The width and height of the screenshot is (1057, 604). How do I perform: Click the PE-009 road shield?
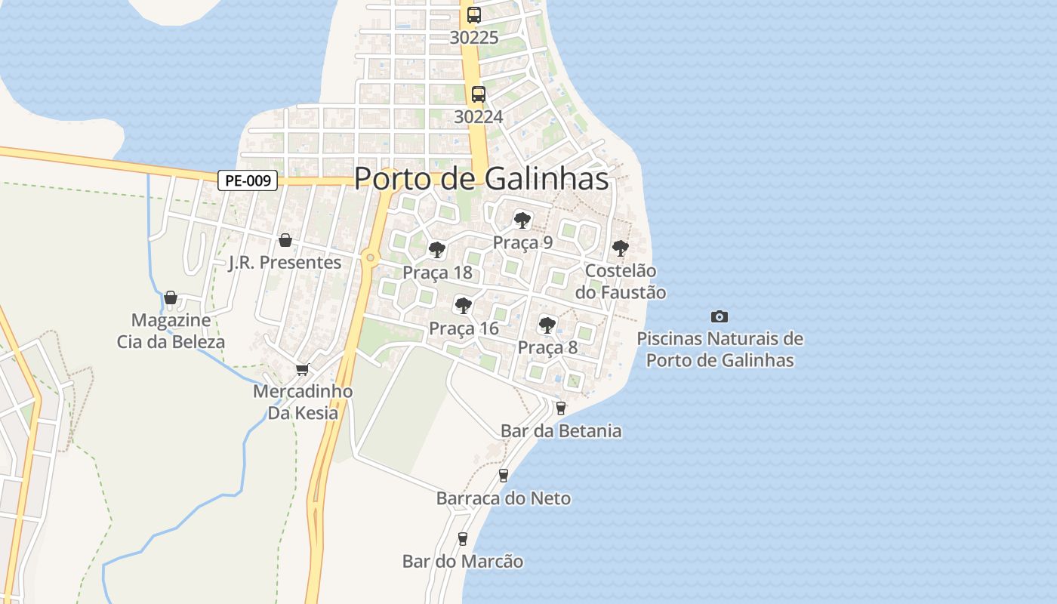click(x=248, y=180)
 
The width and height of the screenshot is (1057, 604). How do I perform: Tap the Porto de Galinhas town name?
click(x=481, y=179)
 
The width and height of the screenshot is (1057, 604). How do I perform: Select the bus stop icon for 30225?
click(x=473, y=15)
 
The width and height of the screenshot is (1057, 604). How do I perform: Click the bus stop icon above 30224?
click(x=478, y=94)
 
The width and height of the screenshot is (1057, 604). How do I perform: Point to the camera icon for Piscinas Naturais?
click(x=720, y=316)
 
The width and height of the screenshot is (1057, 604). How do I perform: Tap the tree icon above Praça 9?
click(x=522, y=220)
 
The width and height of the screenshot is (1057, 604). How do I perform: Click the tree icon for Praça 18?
click(x=436, y=249)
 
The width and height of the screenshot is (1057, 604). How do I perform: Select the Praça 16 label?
click(x=464, y=328)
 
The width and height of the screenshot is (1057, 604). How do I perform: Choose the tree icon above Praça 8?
click(x=547, y=325)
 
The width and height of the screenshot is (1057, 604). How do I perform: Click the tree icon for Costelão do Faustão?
click(x=620, y=248)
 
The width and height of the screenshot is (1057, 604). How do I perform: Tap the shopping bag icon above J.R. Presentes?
click(x=285, y=240)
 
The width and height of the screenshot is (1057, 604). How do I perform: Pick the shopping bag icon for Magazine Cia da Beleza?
click(x=171, y=297)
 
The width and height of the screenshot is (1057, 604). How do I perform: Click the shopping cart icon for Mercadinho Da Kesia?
click(x=303, y=369)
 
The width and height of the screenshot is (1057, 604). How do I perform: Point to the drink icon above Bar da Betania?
click(x=560, y=408)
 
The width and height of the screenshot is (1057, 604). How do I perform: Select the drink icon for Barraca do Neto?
click(x=504, y=476)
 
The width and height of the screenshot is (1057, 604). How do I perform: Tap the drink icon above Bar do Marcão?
click(x=463, y=539)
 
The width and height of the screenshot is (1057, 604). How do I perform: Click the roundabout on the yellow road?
click(x=369, y=257)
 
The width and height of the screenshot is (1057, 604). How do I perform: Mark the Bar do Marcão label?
click(x=462, y=562)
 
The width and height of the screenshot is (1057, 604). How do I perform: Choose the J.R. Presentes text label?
click(x=285, y=263)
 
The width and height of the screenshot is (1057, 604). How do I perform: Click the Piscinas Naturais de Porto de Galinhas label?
click(x=720, y=349)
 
